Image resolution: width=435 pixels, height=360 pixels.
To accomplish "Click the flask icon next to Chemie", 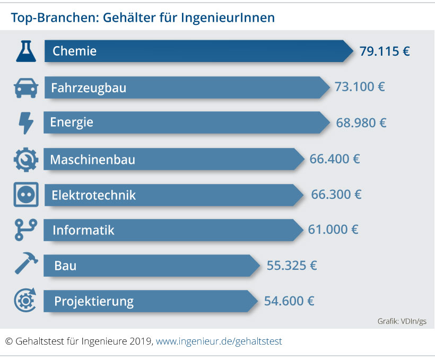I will click(26, 51).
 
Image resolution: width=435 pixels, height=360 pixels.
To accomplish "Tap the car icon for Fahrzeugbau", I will click(26, 87).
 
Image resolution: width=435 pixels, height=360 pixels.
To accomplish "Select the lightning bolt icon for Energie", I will click(25, 123).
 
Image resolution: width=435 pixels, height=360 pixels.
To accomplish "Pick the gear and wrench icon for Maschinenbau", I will click(25, 159).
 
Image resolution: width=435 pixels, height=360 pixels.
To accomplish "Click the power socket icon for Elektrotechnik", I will click(25, 195).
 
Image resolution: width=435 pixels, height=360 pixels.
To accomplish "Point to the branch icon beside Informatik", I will click(25, 230).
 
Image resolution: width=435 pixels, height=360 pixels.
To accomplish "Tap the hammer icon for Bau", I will click(26, 265).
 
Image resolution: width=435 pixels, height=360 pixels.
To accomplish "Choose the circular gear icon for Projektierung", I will click(25, 301).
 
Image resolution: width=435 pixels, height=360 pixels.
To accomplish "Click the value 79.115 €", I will click(385, 51).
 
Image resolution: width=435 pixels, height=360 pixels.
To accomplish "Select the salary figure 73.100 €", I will click(360, 87).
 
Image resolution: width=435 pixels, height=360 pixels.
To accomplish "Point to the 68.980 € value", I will click(361, 123).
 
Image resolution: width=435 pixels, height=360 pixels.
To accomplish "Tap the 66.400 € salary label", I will click(335, 159).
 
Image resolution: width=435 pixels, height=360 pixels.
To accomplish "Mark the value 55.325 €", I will click(292, 265).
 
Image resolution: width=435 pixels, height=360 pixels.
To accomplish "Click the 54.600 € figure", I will click(289, 301).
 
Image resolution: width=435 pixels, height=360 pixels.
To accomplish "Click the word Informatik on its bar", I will click(83, 231).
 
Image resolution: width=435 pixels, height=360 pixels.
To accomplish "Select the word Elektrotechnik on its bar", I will click(93, 195).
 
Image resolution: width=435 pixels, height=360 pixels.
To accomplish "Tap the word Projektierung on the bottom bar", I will click(94, 302).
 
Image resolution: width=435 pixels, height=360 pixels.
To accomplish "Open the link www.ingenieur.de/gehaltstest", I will click(219, 341).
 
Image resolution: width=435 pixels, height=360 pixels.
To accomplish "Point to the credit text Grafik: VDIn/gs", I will click(402, 321).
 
